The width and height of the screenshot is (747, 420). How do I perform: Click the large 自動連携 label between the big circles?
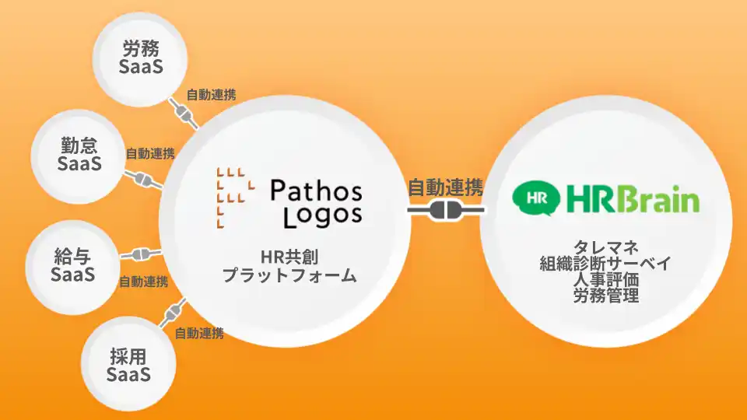[x=446, y=187]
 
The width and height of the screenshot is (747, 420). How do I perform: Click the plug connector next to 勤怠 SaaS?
[x=142, y=180]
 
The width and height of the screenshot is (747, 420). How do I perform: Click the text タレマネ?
[x=605, y=248]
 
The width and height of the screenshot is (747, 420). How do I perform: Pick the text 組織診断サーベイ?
[x=605, y=264]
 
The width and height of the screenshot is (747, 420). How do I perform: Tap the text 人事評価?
[x=605, y=280]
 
